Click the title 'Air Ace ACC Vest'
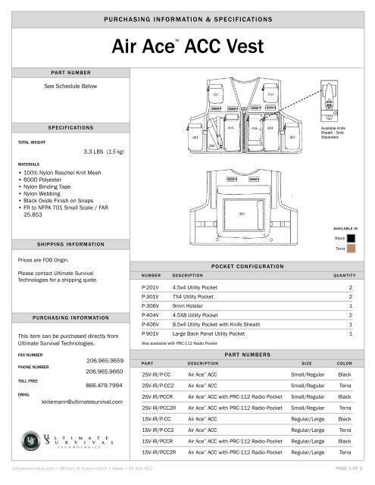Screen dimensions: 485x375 [187, 47]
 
